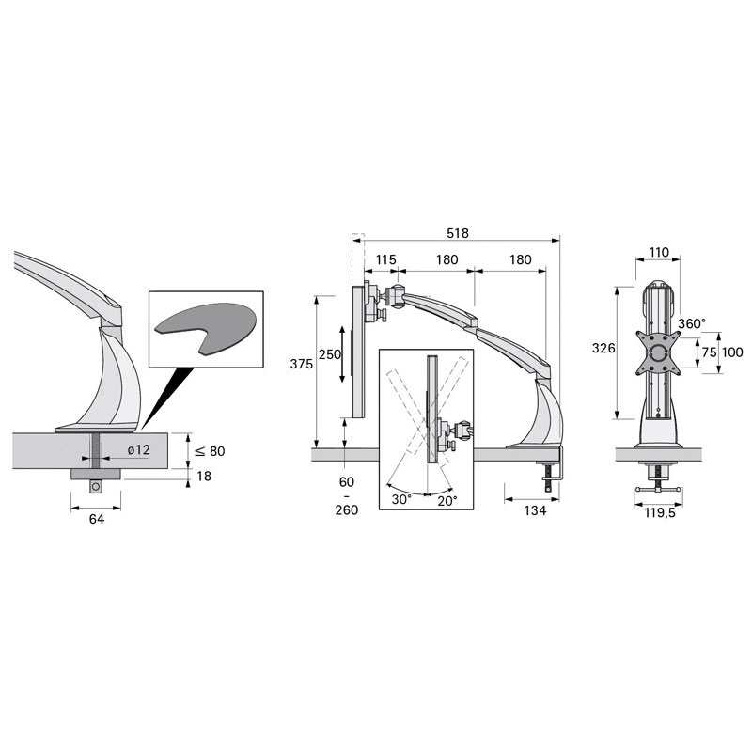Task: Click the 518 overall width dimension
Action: (x=457, y=233)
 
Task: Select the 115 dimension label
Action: (x=385, y=260)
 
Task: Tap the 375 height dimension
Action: (x=301, y=364)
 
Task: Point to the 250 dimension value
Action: (x=330, y=354)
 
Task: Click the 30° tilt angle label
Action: (x=401, y=499)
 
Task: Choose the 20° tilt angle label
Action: (x=447, y=500)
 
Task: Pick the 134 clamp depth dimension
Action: (x=535, y=510)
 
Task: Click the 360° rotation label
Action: (x=692, y=323)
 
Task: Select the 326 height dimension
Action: (x=603, y=348)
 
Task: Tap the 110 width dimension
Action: (x=659, y=252)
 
